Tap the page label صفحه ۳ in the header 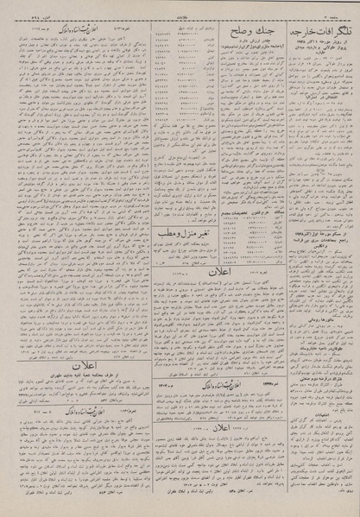coord(343,6)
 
